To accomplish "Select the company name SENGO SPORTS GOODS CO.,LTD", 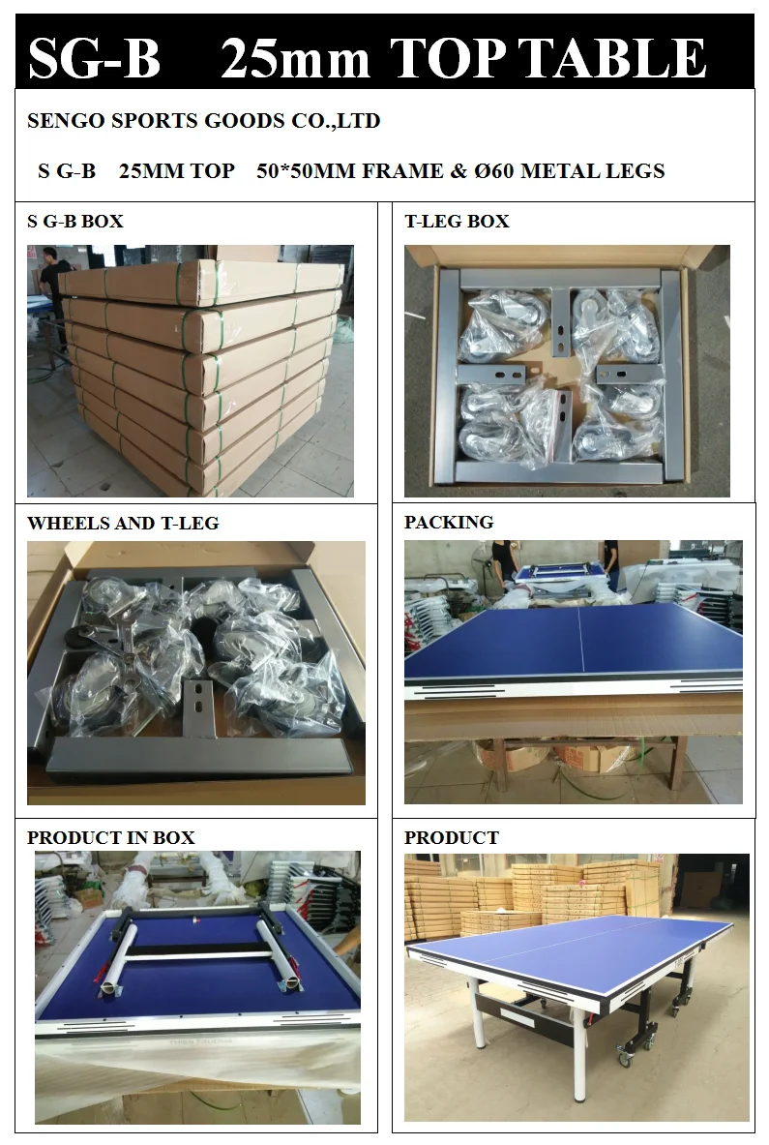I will point(203,121).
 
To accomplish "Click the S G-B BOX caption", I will point(75,222).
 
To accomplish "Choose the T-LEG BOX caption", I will point(457,222).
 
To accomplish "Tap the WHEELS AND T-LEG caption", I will point(123,524).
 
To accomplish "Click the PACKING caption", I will point(449,523).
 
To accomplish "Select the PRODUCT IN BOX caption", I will point(111,838).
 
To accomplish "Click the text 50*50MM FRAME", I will point(346,171).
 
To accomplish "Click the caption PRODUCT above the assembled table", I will point(452,838).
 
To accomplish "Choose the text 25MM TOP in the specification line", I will point(176,171).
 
